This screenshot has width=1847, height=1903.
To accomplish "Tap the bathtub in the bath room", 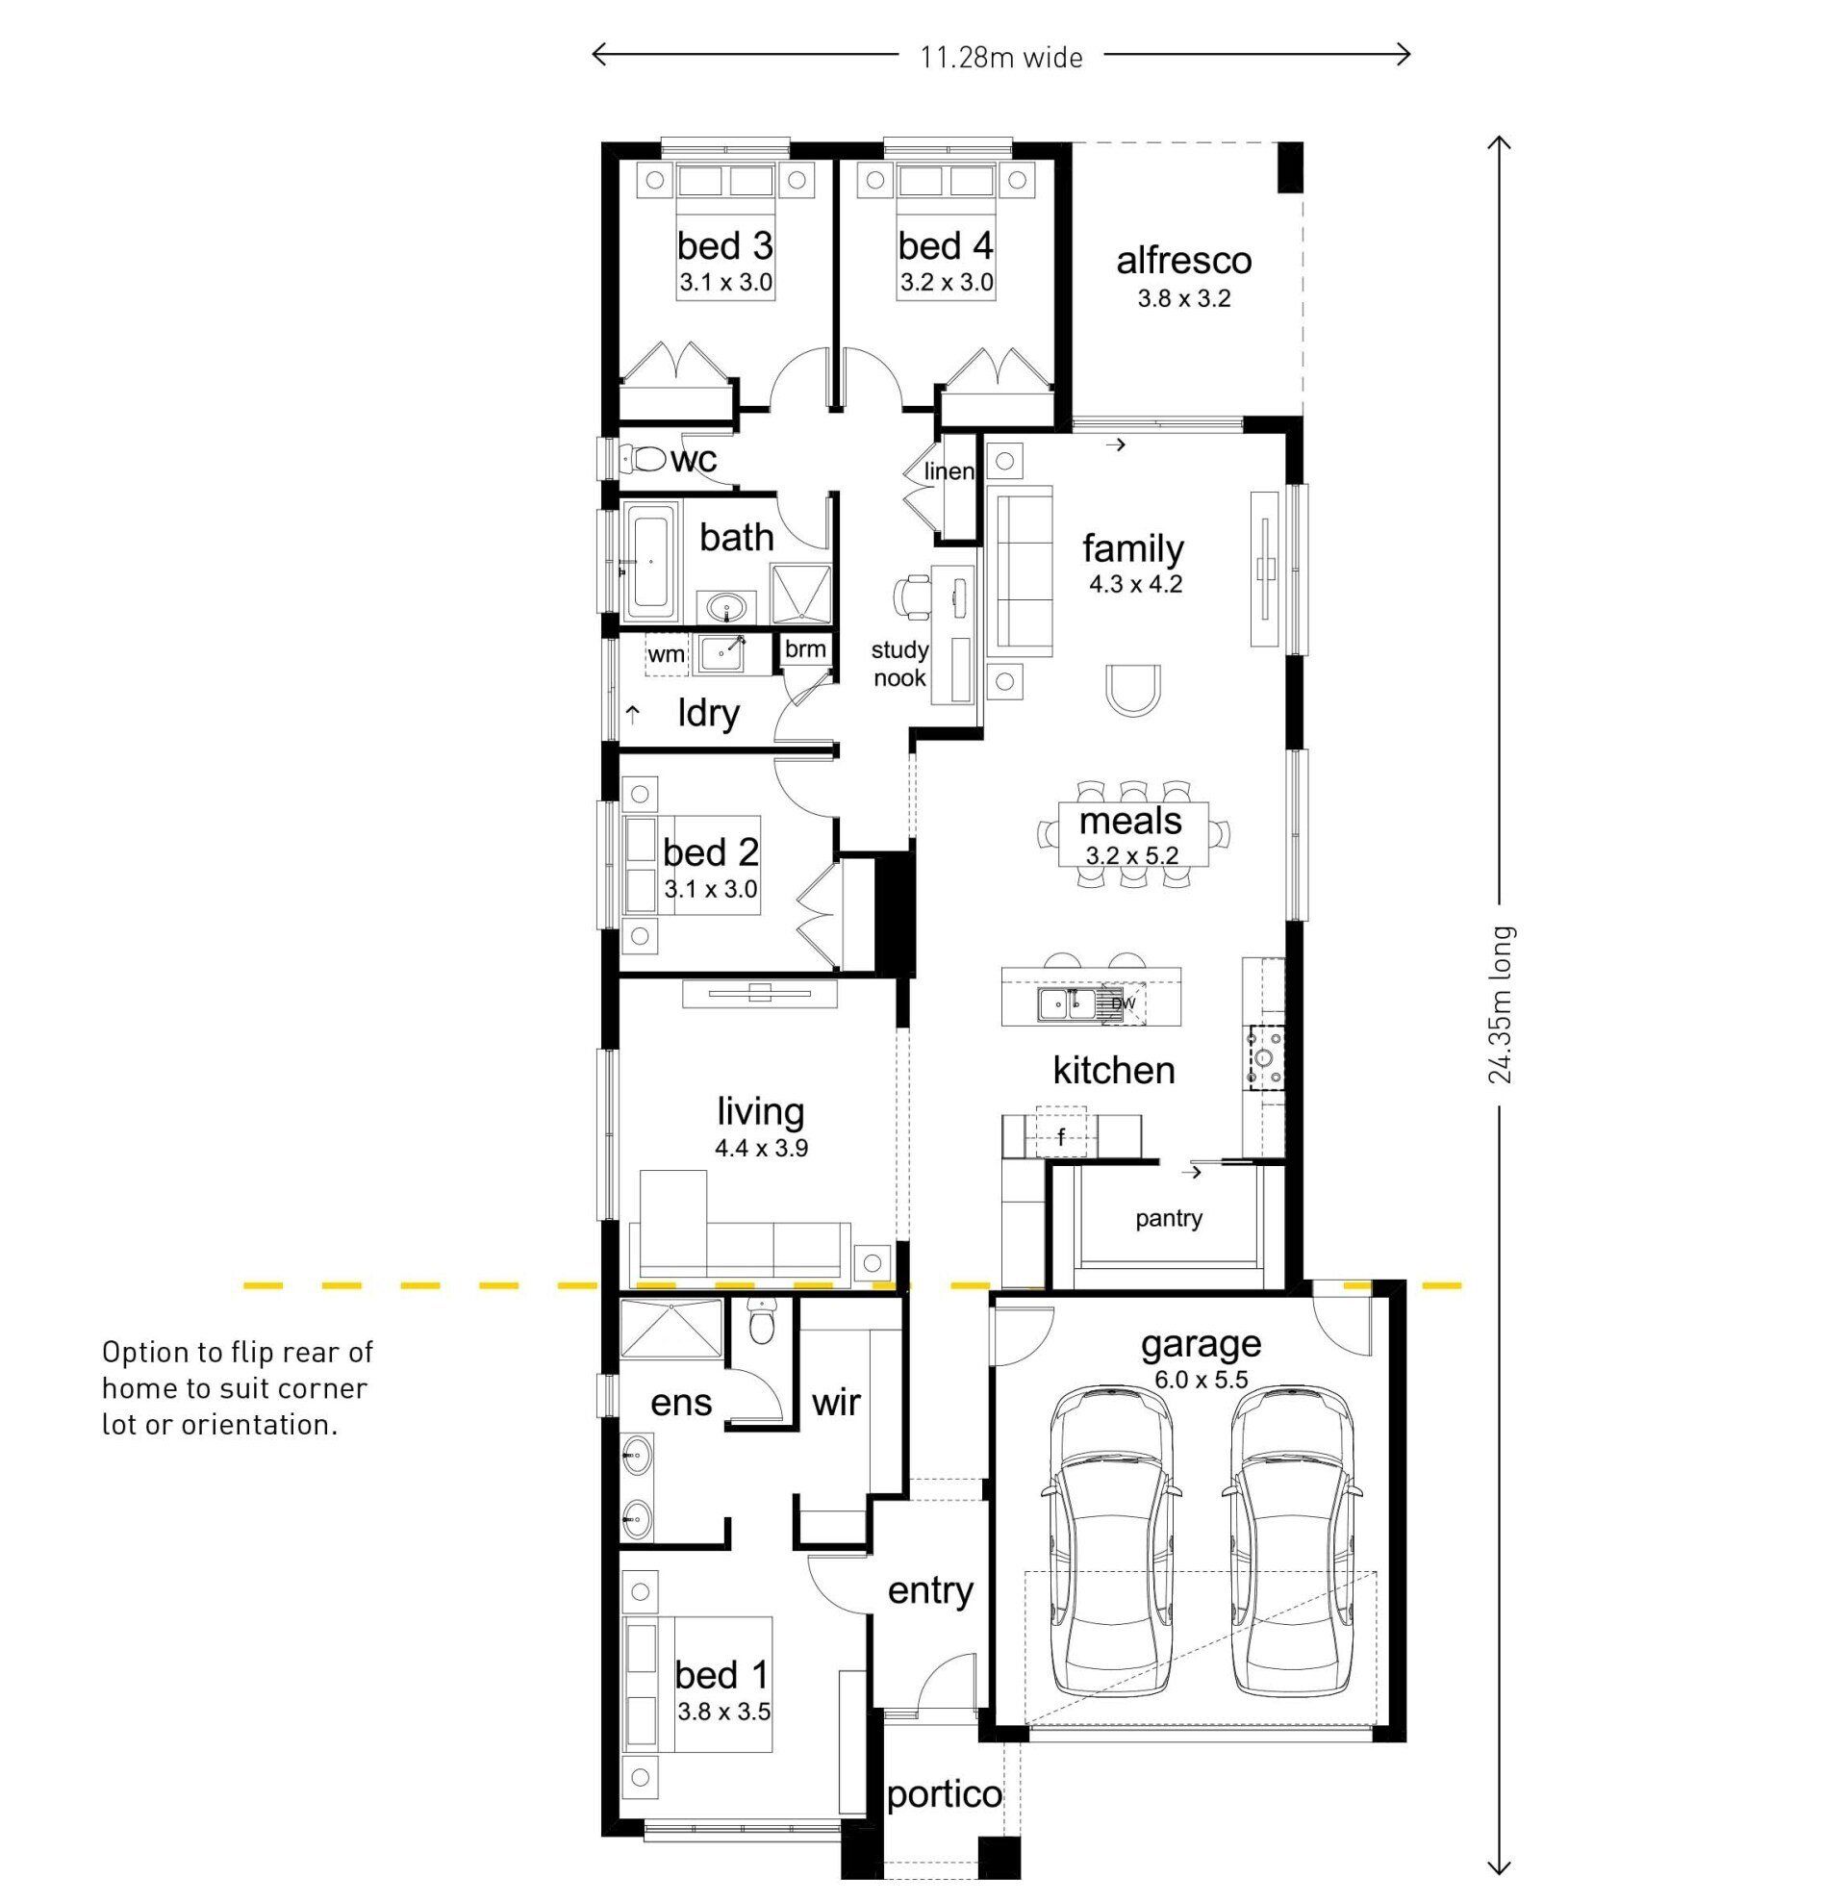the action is (x=647, y=563).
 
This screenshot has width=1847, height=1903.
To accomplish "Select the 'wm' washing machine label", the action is (x=666, y=654).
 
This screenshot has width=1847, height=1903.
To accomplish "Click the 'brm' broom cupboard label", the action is (x=804, y=648).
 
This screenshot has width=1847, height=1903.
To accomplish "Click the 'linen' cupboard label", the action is (x=949, y=471).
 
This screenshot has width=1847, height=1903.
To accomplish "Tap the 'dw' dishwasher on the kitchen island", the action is (x=1123, y=1002).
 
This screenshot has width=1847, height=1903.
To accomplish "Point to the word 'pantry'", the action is (x=1169, y=1219).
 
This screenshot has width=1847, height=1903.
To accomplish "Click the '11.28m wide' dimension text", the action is (x=1001, y=59).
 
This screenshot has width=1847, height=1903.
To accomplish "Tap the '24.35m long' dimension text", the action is (x=1501, y=1002).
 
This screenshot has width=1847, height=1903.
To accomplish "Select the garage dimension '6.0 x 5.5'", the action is (x=1201, y=1380).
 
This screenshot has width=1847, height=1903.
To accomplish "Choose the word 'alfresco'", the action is (x=1183, y=260).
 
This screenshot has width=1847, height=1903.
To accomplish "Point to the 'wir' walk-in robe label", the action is (x=836, y=1402).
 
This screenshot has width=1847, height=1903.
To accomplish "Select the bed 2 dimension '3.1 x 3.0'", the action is (x=711, y=888).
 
